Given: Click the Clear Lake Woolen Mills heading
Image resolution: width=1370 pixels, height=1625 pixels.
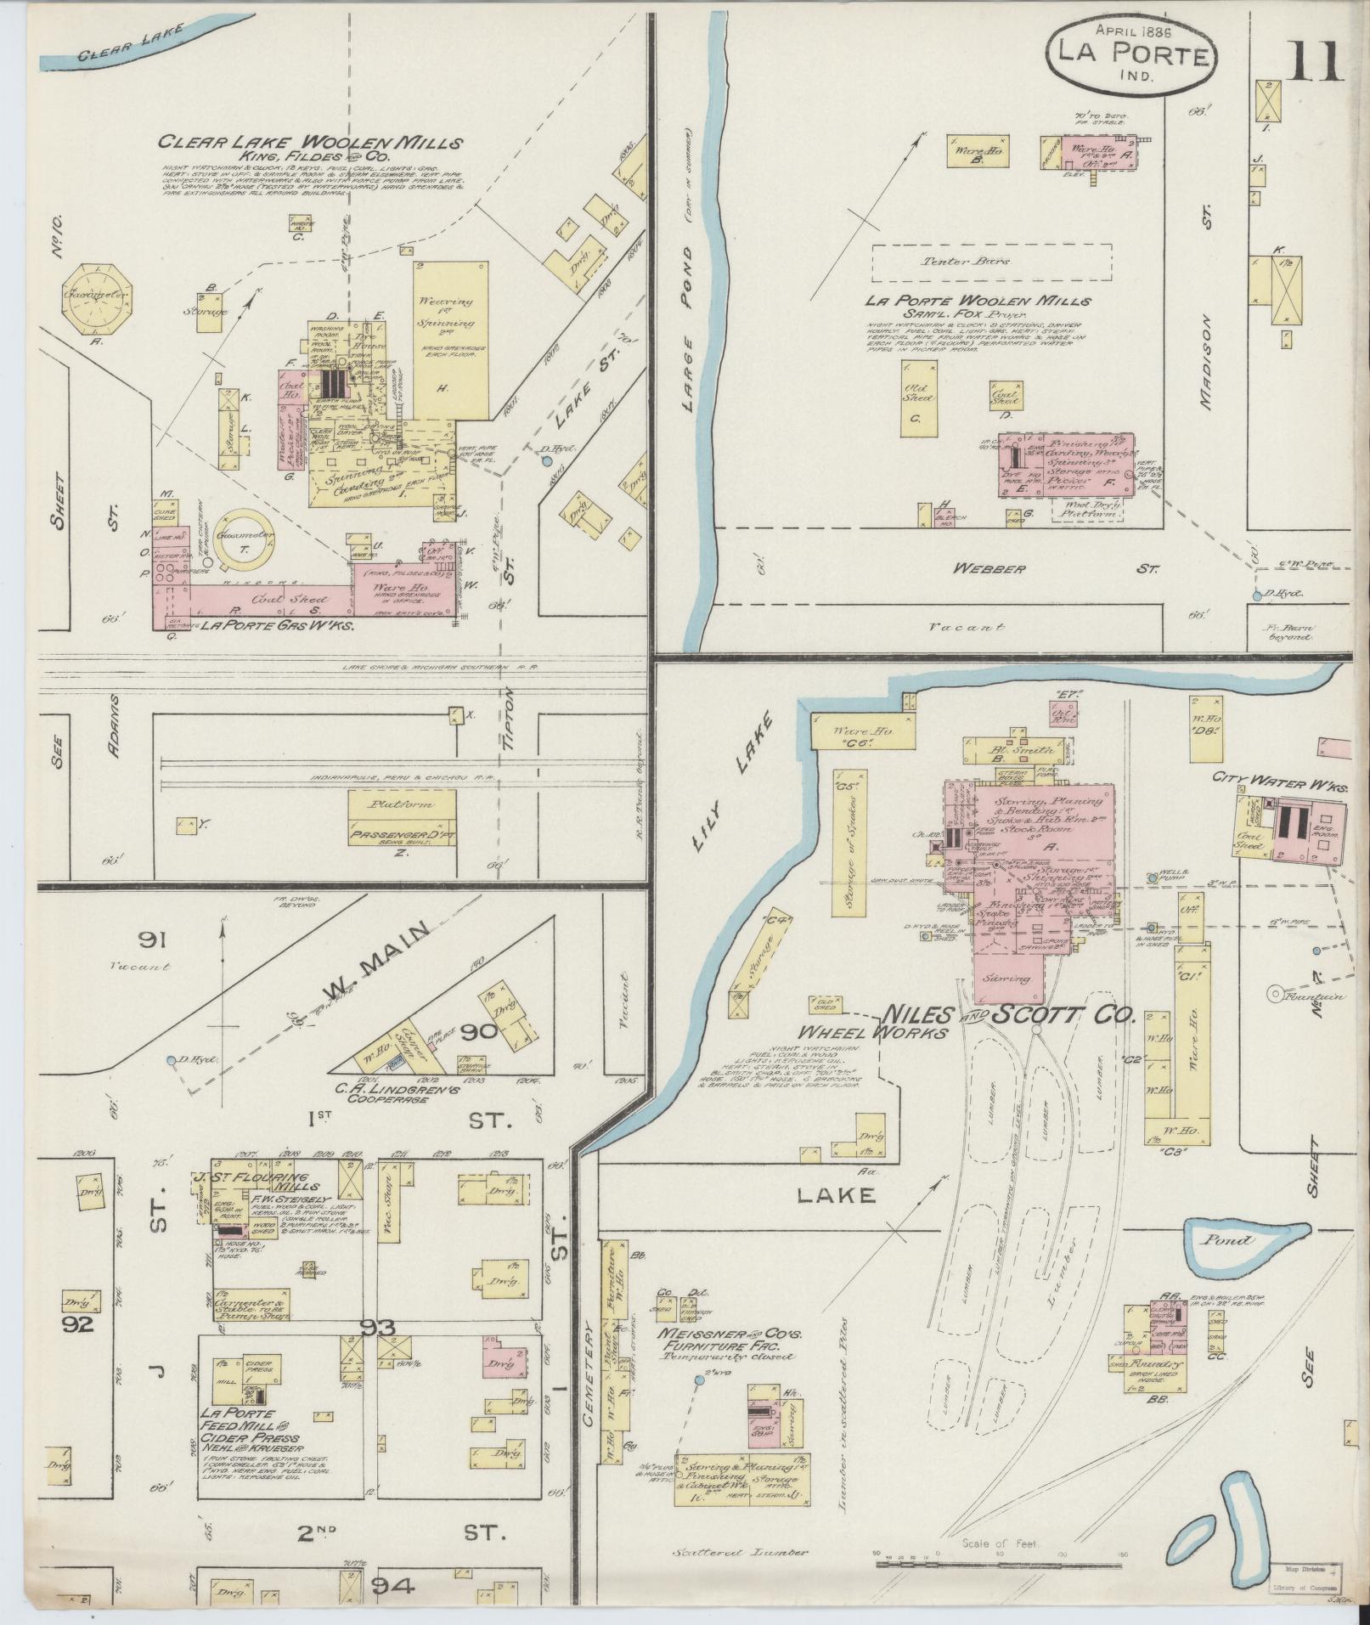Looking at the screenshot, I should tap(310, 143).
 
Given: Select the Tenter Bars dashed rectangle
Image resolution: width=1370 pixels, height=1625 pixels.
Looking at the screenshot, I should tap(991, 262).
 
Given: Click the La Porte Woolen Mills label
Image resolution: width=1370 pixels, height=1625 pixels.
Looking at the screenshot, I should tap(978, 301).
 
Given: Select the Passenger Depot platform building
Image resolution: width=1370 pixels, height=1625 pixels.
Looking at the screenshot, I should tap(401, 819).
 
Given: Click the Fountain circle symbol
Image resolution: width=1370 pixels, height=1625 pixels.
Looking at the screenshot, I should tap(1276, 992).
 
